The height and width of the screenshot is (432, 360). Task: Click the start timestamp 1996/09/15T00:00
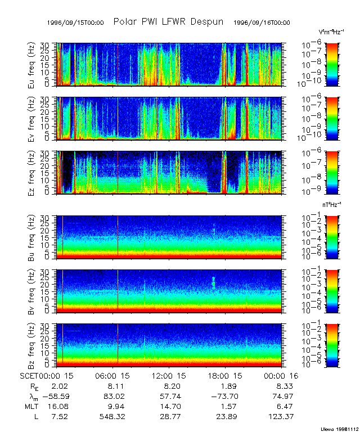(x=75, y=22)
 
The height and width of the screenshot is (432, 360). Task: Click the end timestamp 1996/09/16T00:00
(x=262, y=22)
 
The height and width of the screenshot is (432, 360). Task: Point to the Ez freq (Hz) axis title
(x=31, y=173)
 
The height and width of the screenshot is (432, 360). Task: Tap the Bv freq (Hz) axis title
(x=31, y=290)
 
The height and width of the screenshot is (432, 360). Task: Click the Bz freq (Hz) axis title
(x=31, y=344)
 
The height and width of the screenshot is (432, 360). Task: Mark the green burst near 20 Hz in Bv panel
(x=214, y=282)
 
